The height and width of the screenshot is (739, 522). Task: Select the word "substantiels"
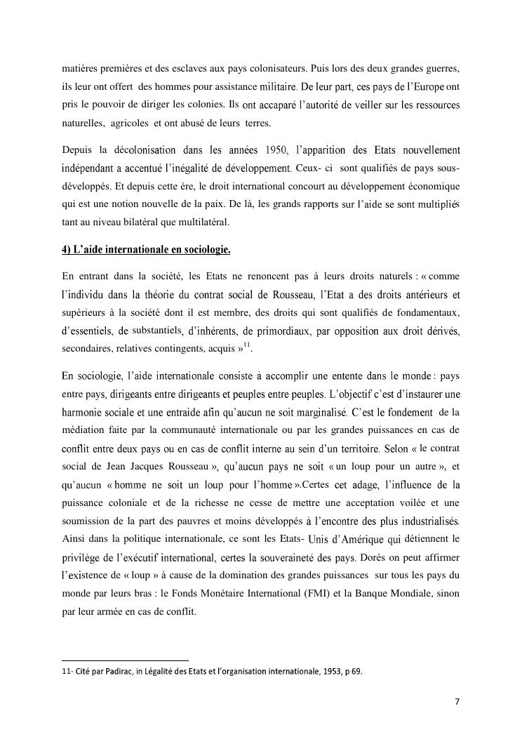[157, 330]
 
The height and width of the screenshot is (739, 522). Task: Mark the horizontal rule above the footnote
[126, 660]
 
